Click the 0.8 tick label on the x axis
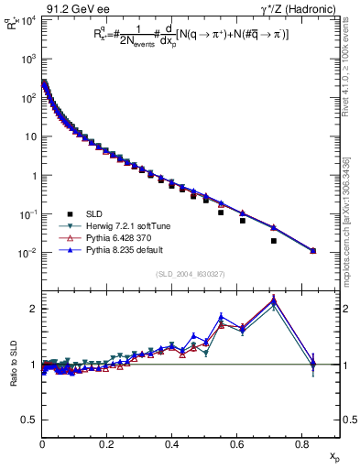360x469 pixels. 302,447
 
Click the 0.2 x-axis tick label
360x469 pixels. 107,447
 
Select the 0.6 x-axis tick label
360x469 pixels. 237,447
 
